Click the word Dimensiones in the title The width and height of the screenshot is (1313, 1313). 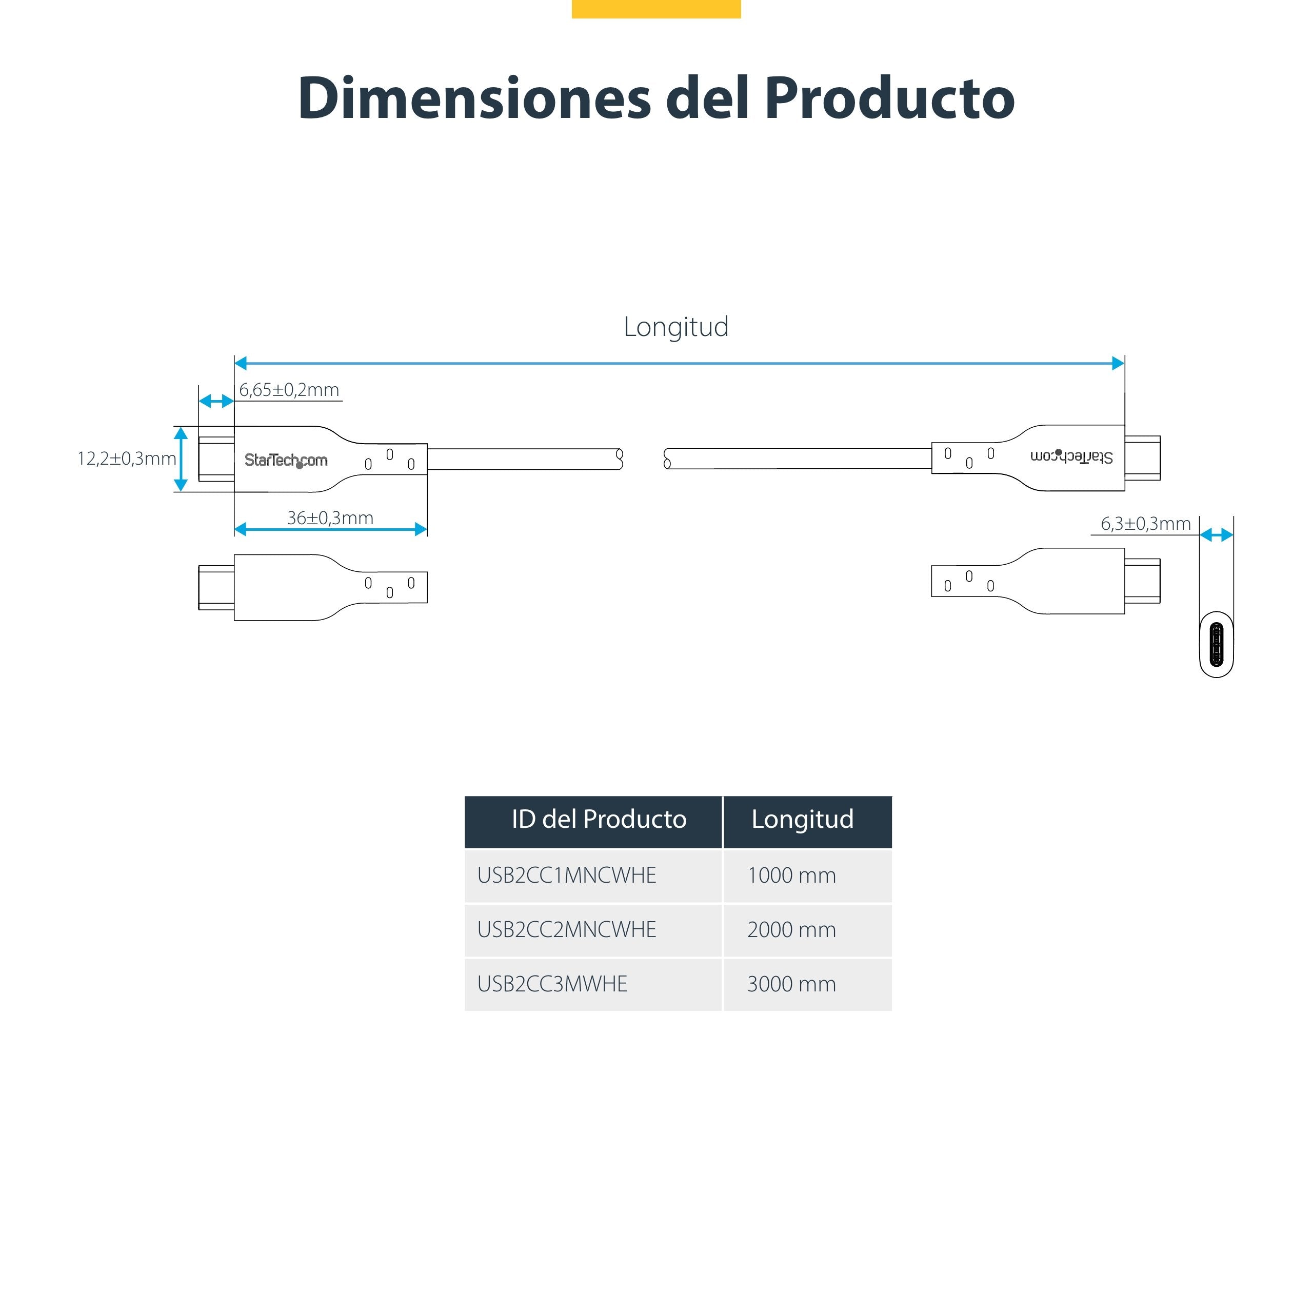(x=474, y=98)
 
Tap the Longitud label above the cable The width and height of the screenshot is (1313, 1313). (x=675, y=327)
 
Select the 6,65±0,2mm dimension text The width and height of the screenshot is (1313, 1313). (x=289, y=390)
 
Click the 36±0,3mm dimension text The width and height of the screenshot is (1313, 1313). (x=330, y=518)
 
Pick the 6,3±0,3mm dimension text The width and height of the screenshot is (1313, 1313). (x=1145, y=524)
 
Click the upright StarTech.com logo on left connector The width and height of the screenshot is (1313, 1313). (x=286, y=461)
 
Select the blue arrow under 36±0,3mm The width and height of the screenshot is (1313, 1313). (x=330, y=529)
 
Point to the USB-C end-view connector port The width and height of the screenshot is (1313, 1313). (x=1216, y=646)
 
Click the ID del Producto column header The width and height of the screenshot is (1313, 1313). (x=599, y=820)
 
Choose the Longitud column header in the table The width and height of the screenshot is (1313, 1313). (x=802, y=820)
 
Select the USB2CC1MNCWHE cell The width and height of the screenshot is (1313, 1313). (x=567, y=876)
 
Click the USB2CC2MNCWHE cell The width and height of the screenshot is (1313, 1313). (x=567, y=930)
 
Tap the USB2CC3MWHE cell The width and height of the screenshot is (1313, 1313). (x=552, y=984)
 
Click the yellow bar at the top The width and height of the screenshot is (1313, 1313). (x=656, y=8)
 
